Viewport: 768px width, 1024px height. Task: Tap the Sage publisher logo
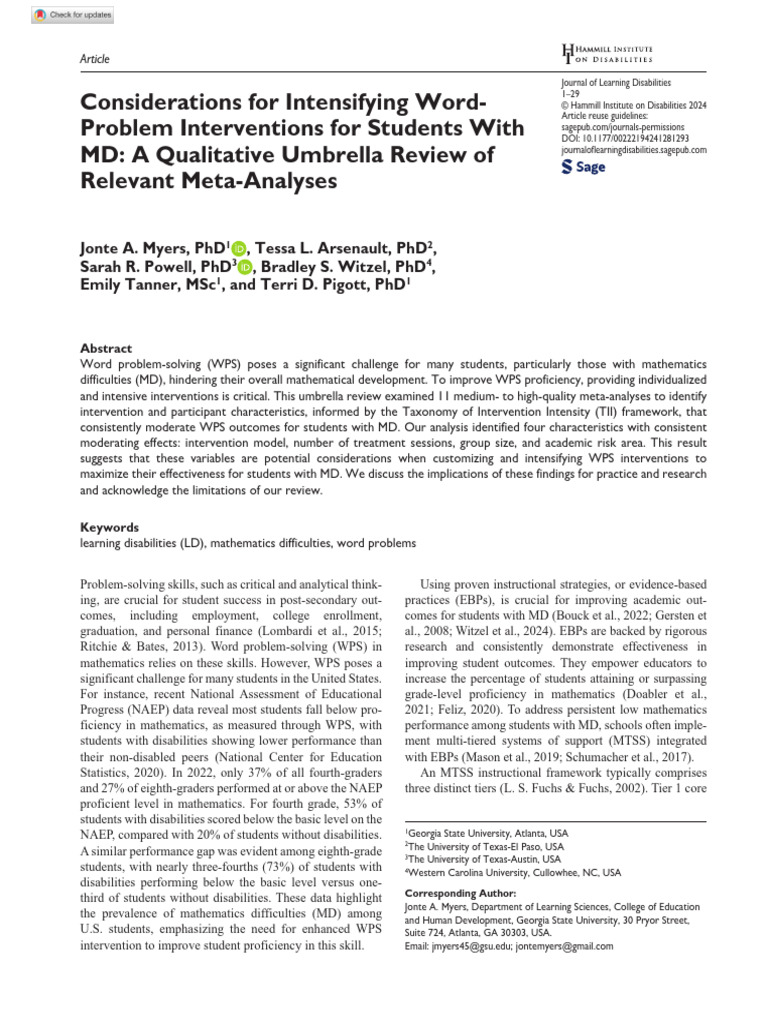coord(584,167)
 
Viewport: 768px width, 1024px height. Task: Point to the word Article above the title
coord(94,59)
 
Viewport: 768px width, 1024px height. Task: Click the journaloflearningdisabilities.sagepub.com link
coord(635,149)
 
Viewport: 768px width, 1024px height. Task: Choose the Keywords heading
coord(109,527)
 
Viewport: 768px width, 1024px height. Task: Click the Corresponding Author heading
coord(460,893)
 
